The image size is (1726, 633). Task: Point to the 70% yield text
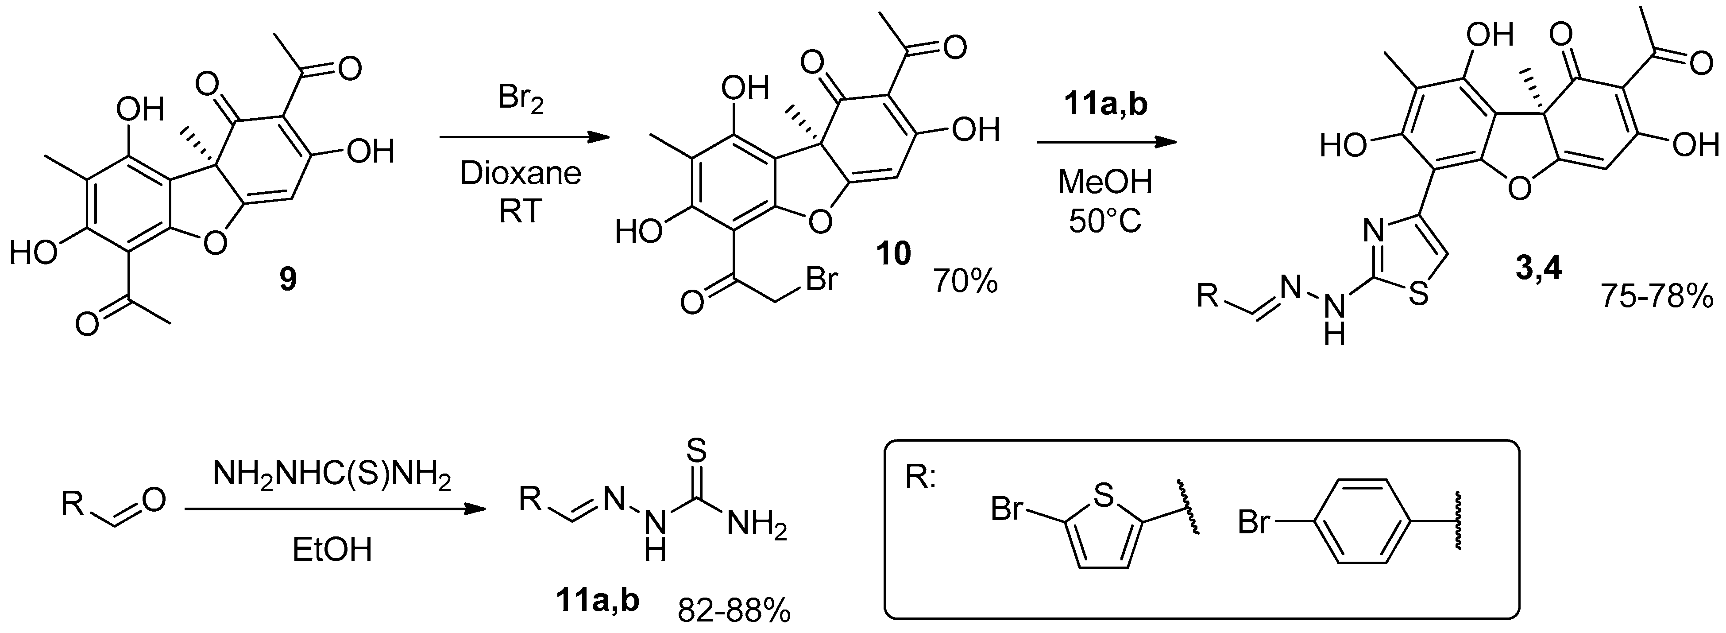pyautogui.click(x=965, y=282)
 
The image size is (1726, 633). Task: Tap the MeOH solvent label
pyautogui.click(x=1105, y=183)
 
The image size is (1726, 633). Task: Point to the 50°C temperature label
pyautogui.click(x=1105, y=222)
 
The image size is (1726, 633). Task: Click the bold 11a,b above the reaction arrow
pyautogui.click(x=1105, y=106)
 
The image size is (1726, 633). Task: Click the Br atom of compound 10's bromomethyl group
pyautogui.click(x=822, y=279)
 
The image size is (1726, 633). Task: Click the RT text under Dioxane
pyautogui.click(x=521, y=213)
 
